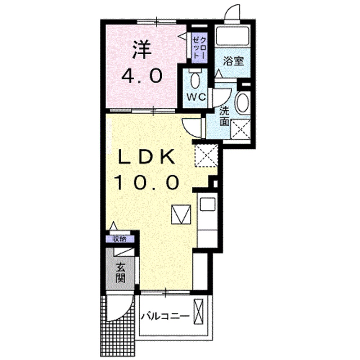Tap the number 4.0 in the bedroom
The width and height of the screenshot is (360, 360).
click(x=141, y=76)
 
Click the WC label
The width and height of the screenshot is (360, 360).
click(x=196, y=97)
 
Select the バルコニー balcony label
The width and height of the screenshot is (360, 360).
click(x=165, y=317)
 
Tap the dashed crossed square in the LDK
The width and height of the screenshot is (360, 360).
click(x=207, y=156)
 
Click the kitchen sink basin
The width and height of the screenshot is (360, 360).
click(x=207, y=205)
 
